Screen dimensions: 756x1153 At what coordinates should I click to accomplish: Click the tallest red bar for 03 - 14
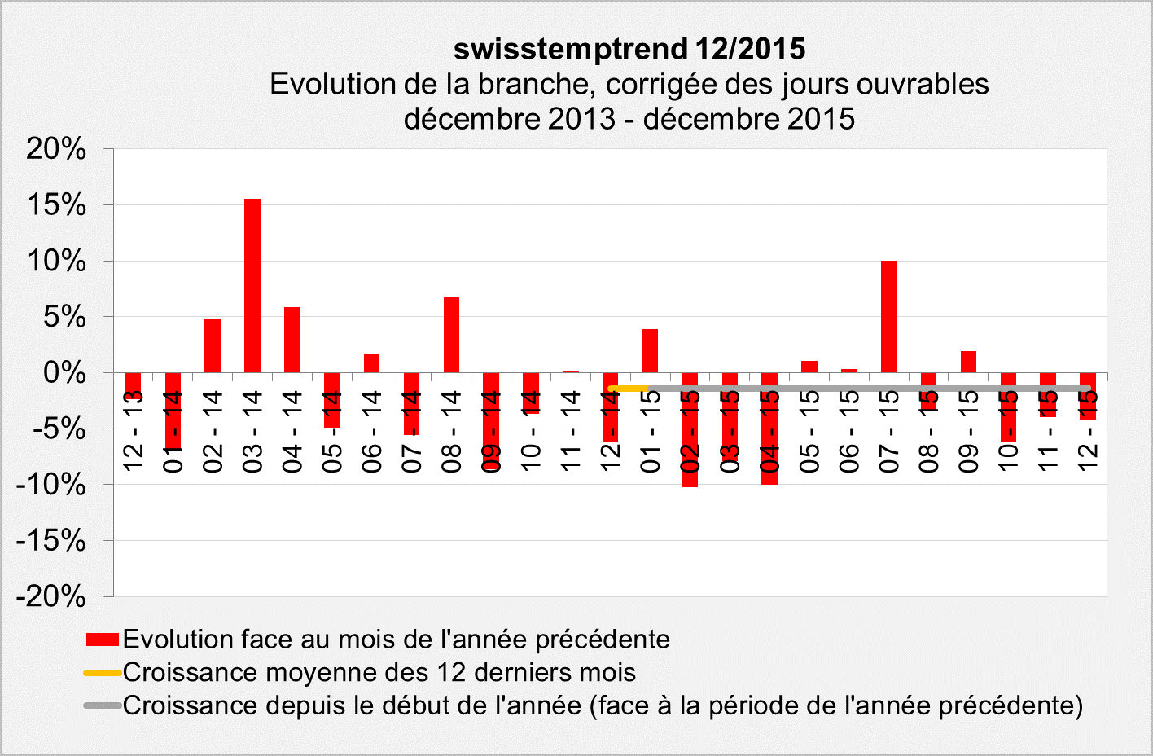pos(252,285)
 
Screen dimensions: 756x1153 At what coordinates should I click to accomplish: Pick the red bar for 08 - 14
pos(451,335)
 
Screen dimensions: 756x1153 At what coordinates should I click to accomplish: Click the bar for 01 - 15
pos(650,350)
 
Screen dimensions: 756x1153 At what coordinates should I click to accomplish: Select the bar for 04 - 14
pos(292,340)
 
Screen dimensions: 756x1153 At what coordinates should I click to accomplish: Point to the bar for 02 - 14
pos(213,345)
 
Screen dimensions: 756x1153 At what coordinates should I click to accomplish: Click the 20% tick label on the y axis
pos(56,149)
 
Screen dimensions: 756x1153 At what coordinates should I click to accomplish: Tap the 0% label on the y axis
pos(64,373)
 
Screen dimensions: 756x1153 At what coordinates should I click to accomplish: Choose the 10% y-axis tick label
pos(56,262)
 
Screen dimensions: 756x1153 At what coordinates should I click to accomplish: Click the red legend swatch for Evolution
pos(103,640)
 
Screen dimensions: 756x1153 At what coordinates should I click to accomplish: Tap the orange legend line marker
pos(103,673)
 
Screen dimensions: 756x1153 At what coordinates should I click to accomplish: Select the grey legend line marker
pos(103,705)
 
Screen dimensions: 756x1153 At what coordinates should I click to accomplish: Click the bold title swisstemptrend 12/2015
pos(629,49)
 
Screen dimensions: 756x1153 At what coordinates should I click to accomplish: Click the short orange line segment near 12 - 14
pos(627,389)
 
